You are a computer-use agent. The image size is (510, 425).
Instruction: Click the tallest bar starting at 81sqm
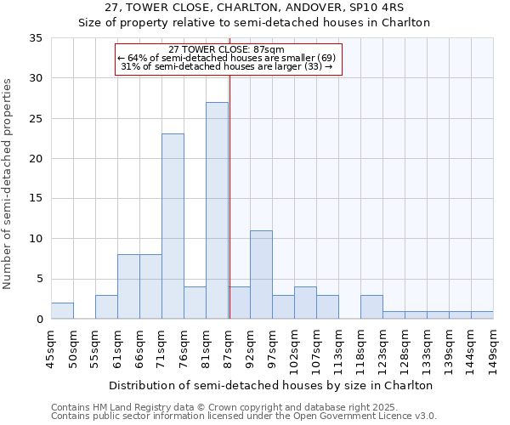tap(217, 211)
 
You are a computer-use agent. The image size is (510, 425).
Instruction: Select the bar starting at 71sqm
tap(173, 226)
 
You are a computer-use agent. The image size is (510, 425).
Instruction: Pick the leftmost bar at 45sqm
tap(62, 311)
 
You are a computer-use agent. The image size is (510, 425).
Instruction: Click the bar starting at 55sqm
tap(106, 307)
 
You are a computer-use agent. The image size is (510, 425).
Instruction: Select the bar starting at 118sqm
tap(371, 307)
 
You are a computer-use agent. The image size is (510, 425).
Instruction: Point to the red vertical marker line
tap(229, 195)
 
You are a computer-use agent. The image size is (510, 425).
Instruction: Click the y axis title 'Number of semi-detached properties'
tap(8, 184)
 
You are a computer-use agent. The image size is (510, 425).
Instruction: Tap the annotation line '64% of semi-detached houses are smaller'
tap(227, 57)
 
